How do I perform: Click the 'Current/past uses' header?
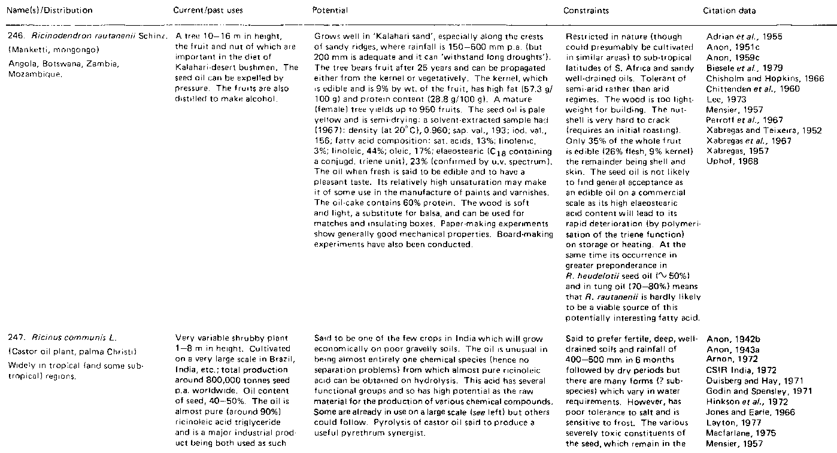199,11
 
